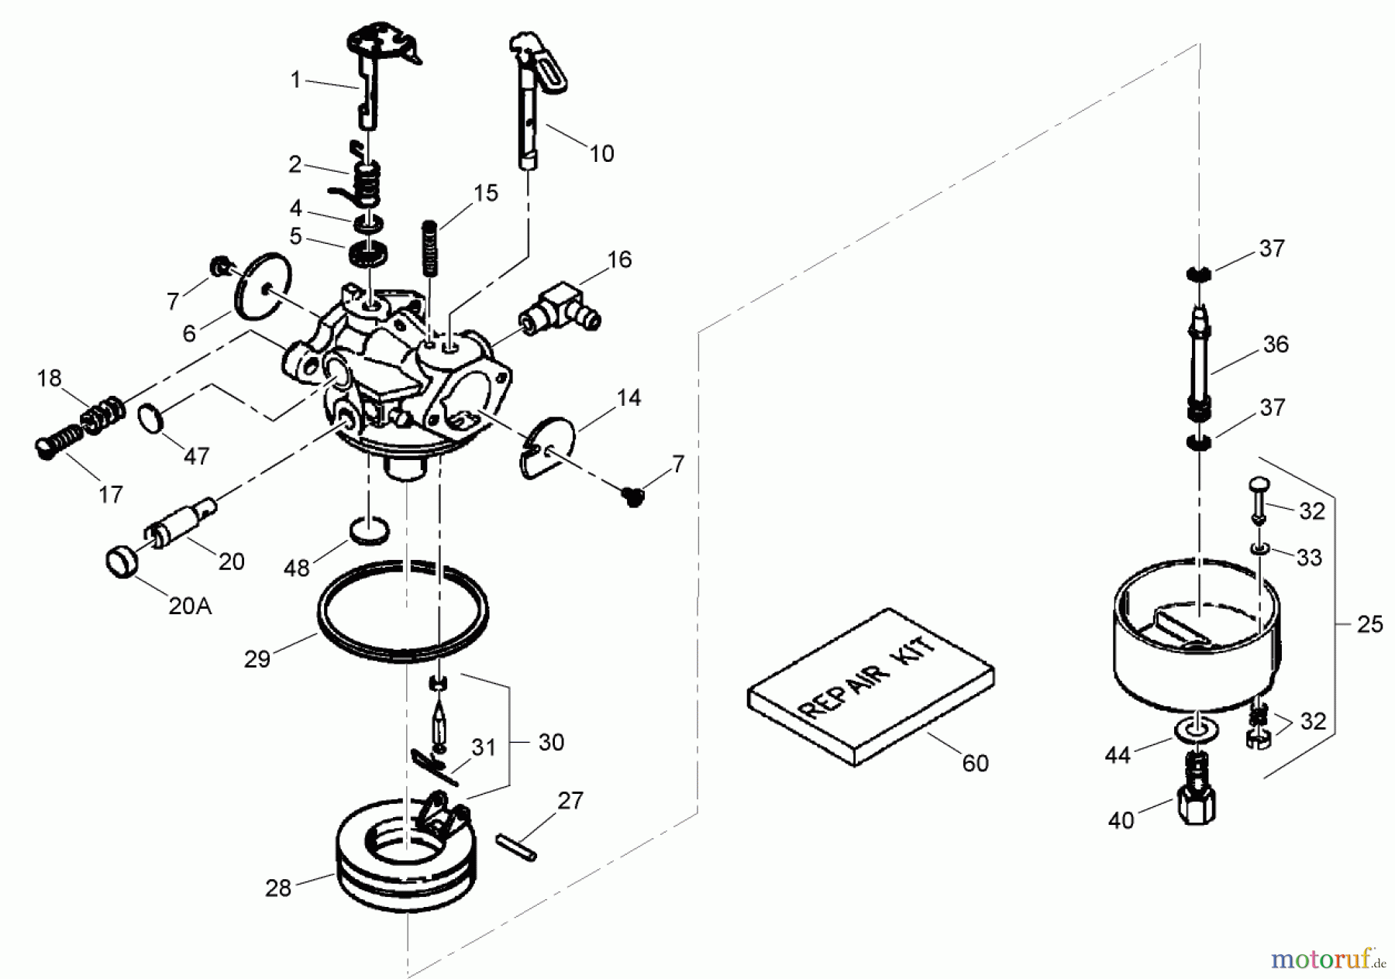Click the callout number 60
975,763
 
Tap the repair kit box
870,688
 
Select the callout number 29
257,658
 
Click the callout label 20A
190,605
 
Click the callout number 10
601,153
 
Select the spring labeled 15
429,247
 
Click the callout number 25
1369,624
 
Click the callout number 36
1276,344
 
